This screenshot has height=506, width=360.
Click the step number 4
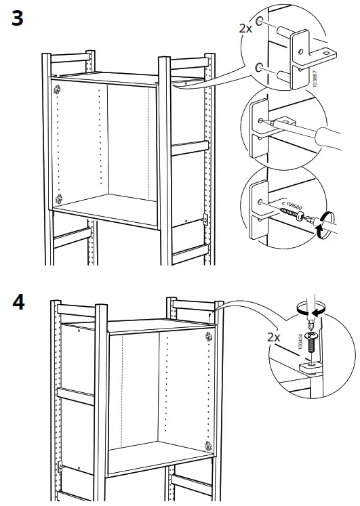[x=18, y=301]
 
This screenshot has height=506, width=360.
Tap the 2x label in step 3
[x=245, y=28]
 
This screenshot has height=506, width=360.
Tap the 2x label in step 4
[x=275, y=337]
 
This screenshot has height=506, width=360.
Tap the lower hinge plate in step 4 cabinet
[x=206, y=445]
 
